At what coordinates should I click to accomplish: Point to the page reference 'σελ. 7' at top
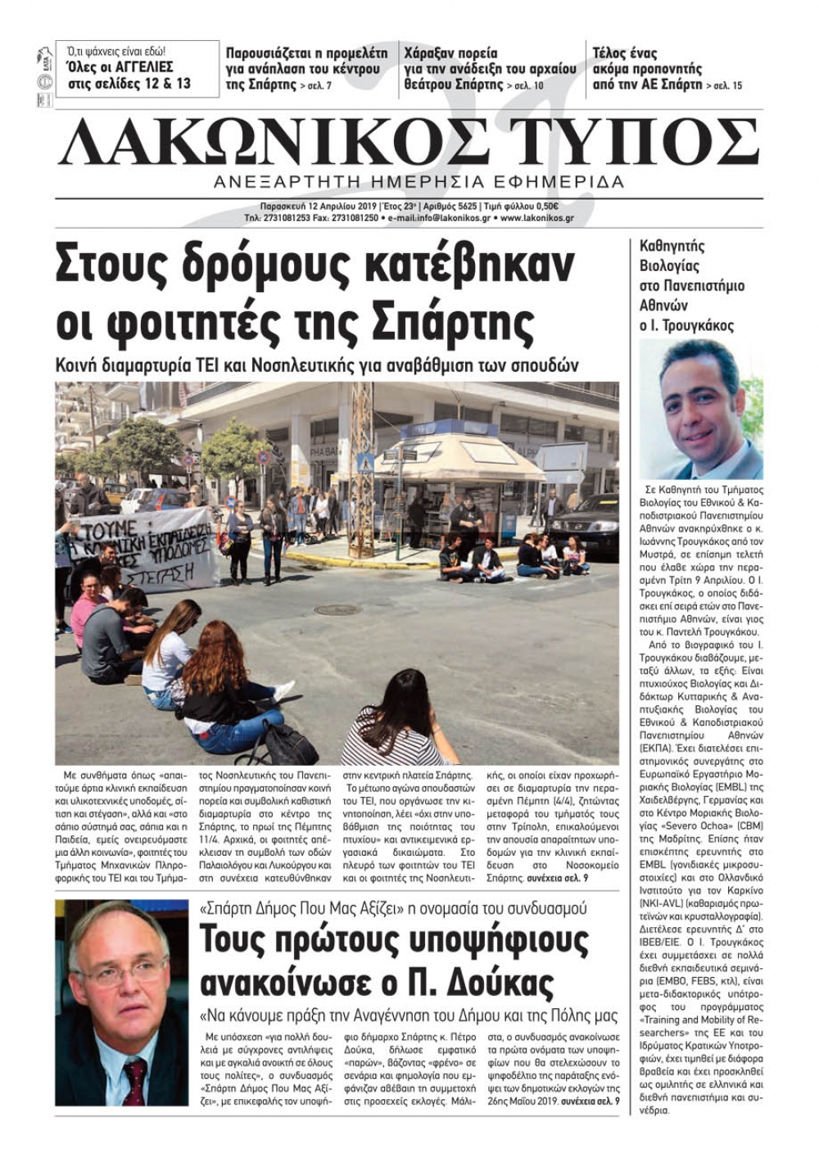point(315,85)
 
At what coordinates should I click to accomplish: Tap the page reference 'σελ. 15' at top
point(725,85)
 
